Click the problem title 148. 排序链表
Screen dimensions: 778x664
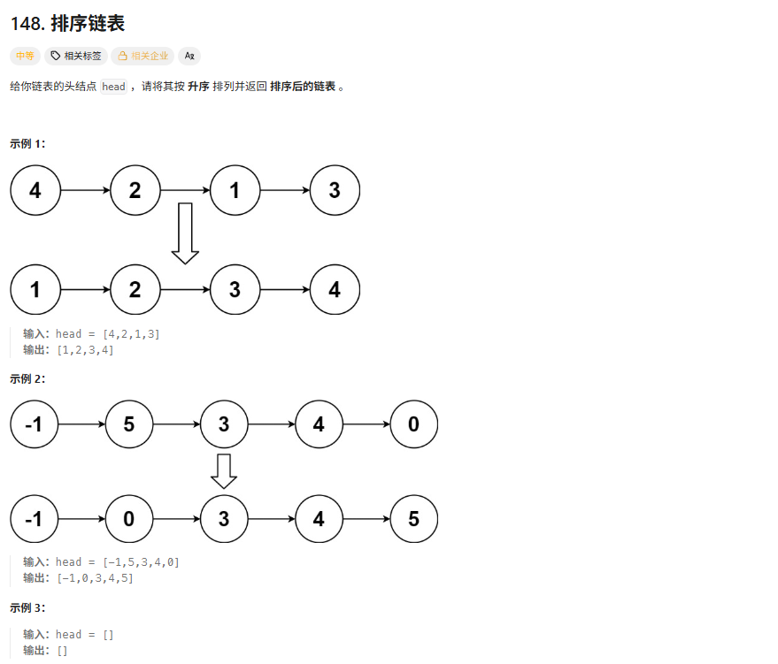67,24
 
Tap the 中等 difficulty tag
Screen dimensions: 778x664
25,56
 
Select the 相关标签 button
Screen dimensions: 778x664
76,56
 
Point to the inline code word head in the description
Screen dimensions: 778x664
113,87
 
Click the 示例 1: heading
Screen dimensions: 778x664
27,143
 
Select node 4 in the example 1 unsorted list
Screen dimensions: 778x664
35,190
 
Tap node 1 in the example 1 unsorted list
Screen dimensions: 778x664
235,190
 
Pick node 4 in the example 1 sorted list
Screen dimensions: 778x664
335,289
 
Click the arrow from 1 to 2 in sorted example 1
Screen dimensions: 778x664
85,289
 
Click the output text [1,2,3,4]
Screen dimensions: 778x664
85,350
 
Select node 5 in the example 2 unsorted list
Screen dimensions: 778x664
129,424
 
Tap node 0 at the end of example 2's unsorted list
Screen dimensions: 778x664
413,424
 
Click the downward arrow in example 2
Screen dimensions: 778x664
224,471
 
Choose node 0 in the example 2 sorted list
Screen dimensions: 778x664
129,519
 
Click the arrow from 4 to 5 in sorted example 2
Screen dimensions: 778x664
366,519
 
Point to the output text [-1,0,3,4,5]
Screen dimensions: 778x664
95,578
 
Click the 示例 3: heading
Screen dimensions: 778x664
27,608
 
